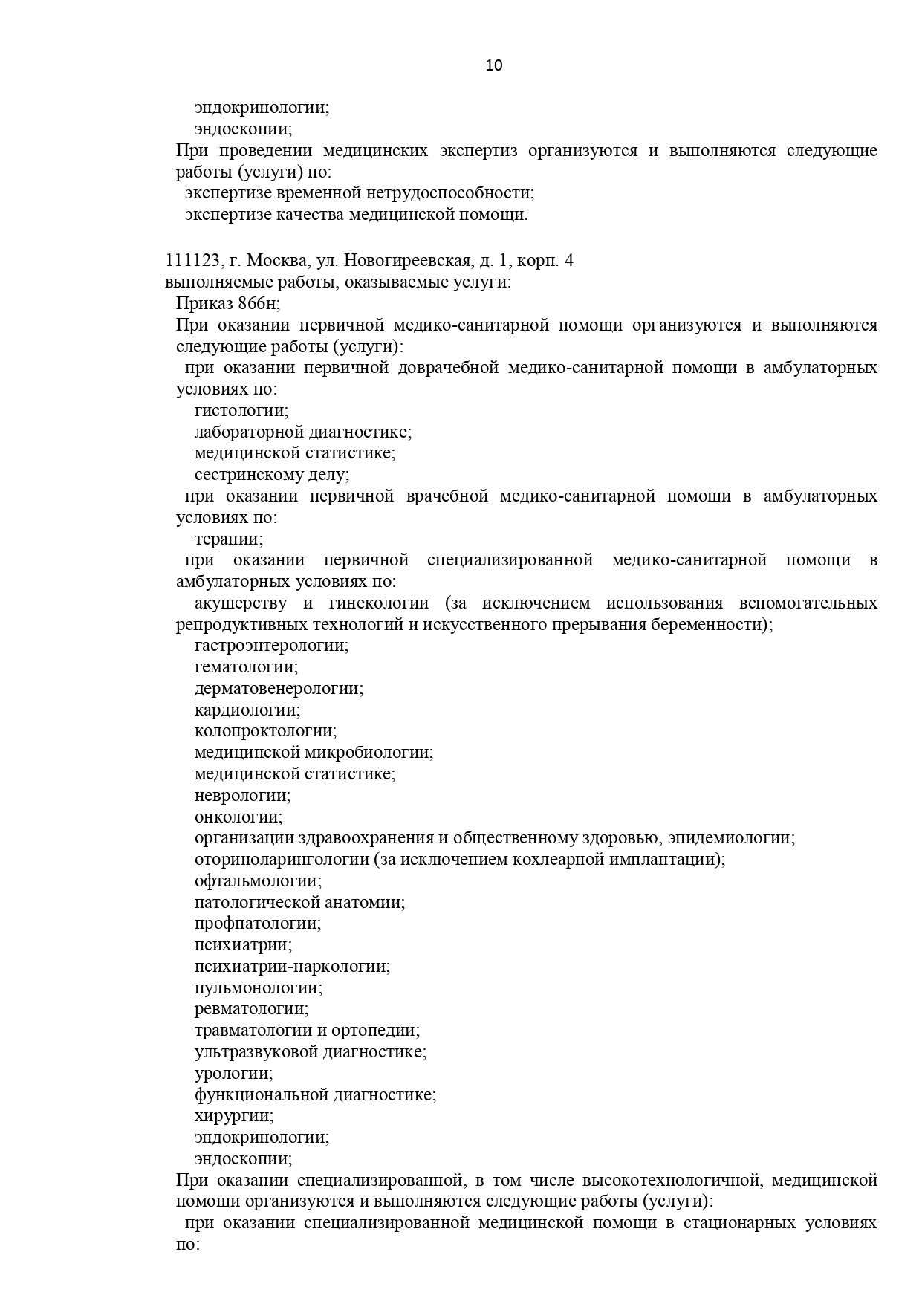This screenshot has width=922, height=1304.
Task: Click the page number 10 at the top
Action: click(x=493, y=65)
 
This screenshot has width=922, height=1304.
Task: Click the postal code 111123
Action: click(x=192, y=261)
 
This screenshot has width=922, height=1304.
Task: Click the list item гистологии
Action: click(x=241, y=411)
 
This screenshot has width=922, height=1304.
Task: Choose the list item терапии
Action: click(x=228, y=539)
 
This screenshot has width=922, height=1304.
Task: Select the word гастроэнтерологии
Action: click(x=271, y=646)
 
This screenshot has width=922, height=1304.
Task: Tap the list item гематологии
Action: click(x=245, y=667)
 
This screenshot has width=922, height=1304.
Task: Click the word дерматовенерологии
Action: click(x=279, y=689)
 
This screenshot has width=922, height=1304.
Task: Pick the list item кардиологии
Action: click(x=247, y=710)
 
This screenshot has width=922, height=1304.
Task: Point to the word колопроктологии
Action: click(x=264, y=732)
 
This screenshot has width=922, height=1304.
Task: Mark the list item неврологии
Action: click(x=242, y=796)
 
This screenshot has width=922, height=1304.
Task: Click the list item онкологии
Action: click(x=238, y=817)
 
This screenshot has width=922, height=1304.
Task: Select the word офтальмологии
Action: click(x=258, y=881)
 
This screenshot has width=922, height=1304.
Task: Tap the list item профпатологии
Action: click(x=257, y=924)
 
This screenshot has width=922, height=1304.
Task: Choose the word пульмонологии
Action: click(x=258, y=988)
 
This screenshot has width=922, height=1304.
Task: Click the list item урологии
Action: click(x=233, y=1074)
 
